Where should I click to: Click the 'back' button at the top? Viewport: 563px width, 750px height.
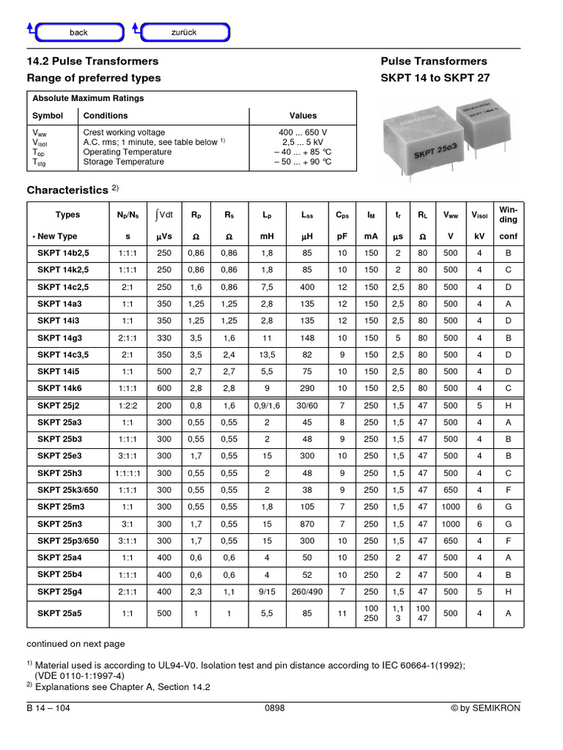[78, 32]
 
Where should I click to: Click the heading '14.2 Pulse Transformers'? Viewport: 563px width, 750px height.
[92, 62]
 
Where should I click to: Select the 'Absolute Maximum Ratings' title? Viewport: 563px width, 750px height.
[88, 98]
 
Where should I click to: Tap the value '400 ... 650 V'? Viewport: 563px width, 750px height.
[303, 133]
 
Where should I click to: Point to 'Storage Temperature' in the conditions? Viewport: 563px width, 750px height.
[124, 162]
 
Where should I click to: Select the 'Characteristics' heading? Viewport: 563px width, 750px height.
[67, 190]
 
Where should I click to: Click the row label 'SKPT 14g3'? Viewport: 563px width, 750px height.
[63, 338]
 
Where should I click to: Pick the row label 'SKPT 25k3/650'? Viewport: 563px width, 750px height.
[67, 490]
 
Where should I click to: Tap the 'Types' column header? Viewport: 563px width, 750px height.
[67, 215]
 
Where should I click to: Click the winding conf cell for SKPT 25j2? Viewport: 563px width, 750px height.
[508, 405]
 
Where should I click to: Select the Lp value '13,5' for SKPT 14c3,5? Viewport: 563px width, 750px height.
[267, 354]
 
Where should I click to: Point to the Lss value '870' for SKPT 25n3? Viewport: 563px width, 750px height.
[307, 524]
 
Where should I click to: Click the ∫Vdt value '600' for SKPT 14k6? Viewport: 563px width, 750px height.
[164, 388]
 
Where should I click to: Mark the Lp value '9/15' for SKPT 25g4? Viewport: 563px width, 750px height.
[267, 591]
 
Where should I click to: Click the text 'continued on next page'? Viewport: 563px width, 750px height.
[76, 644]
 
